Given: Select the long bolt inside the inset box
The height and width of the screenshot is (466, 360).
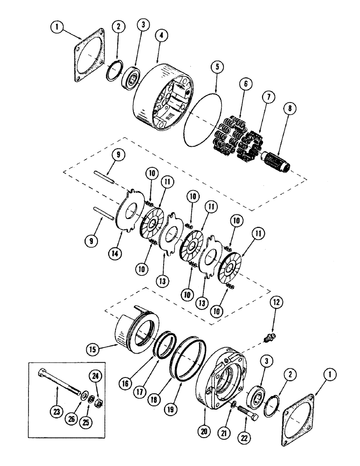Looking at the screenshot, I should (57, 382).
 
